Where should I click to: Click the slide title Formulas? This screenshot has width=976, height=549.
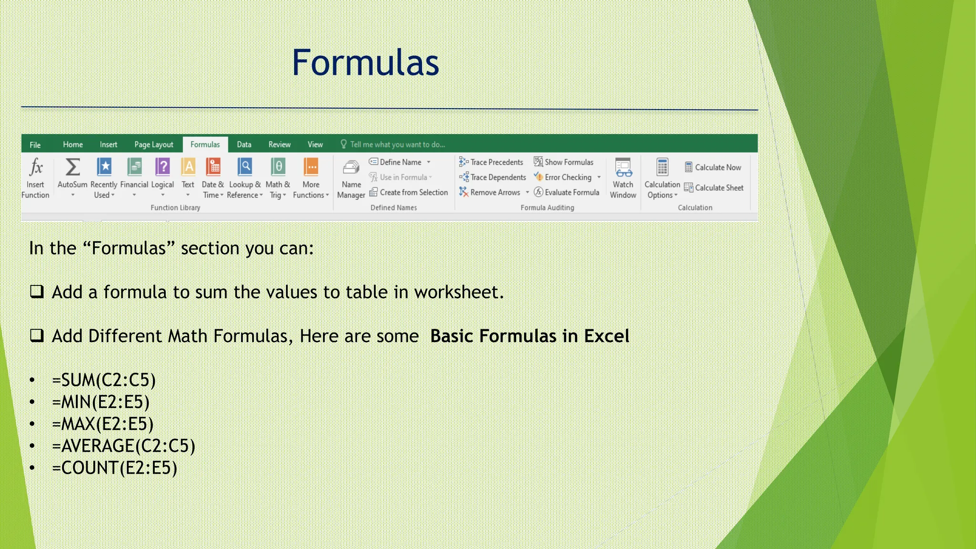(365, 62)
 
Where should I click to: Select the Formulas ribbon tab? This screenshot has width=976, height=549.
(205, 144)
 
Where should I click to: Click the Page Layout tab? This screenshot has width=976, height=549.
(153, 144)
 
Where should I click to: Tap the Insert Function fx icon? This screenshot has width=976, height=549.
(36, 167)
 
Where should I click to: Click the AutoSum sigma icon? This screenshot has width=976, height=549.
(72, 167)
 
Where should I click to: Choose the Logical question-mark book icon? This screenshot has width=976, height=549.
(163, 167)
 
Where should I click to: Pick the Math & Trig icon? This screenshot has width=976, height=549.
(278, 167)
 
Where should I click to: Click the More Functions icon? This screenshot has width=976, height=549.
(311, 167)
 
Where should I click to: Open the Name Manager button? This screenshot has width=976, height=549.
(351, 179)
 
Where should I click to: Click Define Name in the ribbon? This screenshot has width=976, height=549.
(400, 162)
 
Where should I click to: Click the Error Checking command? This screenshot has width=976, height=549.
(567, 177)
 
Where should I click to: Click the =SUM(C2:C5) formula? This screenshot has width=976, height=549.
(104, 380)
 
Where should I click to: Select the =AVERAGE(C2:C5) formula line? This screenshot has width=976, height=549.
(123, 446)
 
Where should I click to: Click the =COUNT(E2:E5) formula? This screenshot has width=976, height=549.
(114, 468)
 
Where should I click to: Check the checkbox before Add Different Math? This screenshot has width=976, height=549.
(37, 335)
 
